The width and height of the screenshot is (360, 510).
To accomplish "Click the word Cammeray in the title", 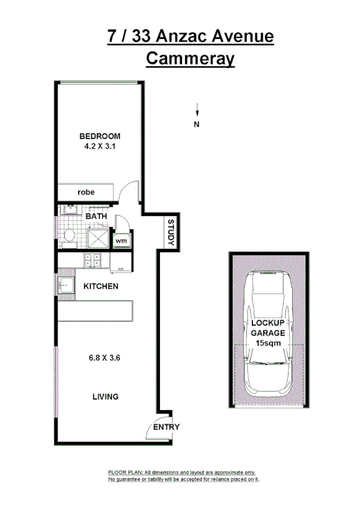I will pyautogui.click(x=190, y=60).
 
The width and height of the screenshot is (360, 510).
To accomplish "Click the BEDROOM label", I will pyautogui.click(x=100, y=136).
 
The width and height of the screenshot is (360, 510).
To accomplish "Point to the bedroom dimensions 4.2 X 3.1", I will pyautogui.click(x=100, y=146).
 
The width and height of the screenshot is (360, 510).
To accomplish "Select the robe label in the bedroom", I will pyautogui.click(x=86, y=192).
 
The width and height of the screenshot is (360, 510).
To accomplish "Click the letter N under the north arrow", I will pyautogui.click(x=197, y=124).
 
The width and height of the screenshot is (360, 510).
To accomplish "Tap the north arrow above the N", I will pyautogui.click(x=197, y=109).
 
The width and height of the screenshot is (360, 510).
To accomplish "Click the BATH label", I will pyautogui.click(x=96, y=216).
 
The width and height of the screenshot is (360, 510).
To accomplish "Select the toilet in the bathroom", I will pyautogui.click(x=69, y=235).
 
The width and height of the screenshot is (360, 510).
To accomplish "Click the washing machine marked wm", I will pyautogui.click(x=121, y=241).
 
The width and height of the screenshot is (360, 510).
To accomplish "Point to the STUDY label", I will pyautogui.click(x=170, y=232).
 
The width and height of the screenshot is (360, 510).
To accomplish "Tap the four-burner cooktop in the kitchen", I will pyautogui.click(x=93, y=260).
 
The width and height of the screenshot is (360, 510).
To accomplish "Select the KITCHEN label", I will pyautogui.click(x=100, y=286).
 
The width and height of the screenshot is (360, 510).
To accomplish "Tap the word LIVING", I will pyautogui.click(x=105, y=397).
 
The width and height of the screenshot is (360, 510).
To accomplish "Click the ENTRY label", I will pyautogui.click(x=166, y=427).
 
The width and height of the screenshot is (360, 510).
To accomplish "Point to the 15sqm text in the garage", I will pyautogui.click(x=269, y=343).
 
